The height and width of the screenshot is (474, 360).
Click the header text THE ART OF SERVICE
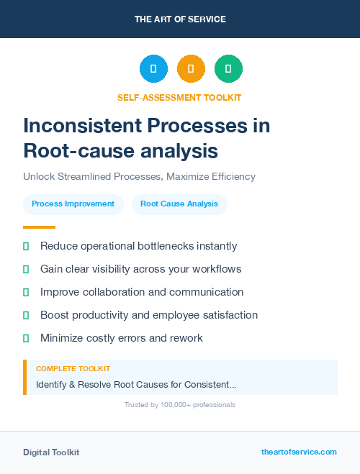pos(180,19)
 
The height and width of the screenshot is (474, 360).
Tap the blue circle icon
pos(153,69)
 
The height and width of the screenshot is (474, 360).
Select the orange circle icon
pos(191,69)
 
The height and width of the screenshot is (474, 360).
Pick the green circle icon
pos(228,69)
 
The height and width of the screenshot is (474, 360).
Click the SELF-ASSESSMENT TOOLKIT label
pos(179,97)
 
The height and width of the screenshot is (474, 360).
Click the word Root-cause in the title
pos(74,151)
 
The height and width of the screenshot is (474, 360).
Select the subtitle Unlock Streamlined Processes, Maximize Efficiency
pos(139,176)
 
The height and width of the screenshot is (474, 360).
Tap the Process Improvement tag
pos(73,204)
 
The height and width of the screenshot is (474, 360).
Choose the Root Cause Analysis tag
pos(179,204)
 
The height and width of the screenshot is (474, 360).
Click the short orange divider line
pos(39,227)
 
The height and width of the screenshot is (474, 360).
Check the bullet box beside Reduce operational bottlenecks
pos(26,247)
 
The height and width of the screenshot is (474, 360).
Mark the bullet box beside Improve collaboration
pos(26,292)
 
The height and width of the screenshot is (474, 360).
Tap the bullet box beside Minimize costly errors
pos(26,338)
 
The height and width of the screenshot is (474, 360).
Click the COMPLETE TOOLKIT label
pos(73,368)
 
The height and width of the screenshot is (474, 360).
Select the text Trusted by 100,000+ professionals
pos(180,405)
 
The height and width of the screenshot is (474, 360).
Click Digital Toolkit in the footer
pos(51,452)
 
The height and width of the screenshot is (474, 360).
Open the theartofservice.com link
pos(299,452)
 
